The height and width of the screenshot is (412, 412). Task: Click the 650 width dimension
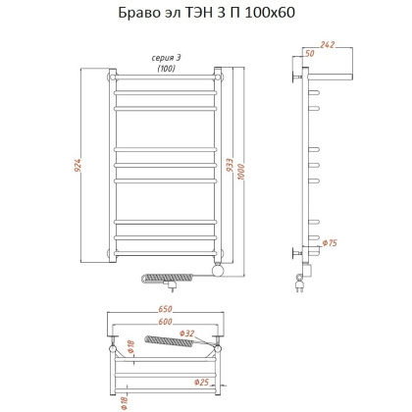tap(165, 312)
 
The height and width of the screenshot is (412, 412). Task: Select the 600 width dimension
tap(165, 324)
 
